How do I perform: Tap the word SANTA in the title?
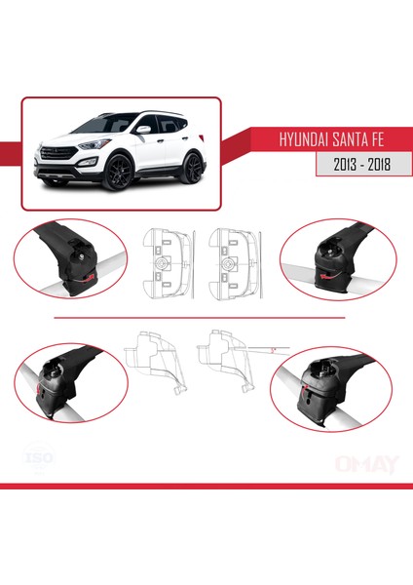(346, 138)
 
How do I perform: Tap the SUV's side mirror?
(142, 129)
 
